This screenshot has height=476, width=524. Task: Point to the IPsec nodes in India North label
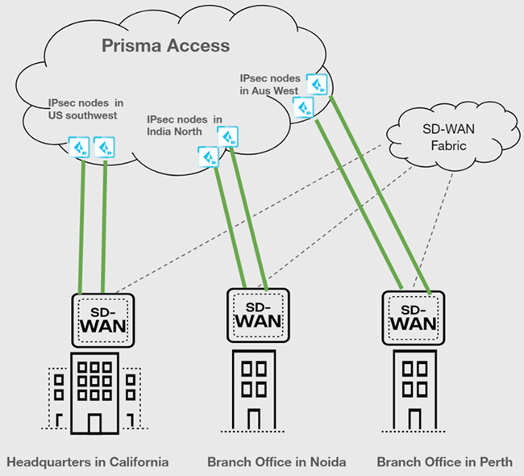pos(185,124)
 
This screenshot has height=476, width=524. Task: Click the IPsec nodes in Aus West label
pos(270,85)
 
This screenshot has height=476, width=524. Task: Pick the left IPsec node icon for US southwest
pos(80,148)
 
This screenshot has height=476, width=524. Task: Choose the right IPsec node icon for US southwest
pos(105,148)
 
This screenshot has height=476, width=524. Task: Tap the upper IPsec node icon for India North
pos(229,135)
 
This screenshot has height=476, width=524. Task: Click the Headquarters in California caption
pos(88,462)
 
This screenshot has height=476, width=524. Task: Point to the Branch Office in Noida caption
pos(277,462)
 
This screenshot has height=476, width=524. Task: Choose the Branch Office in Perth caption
pos(444,462)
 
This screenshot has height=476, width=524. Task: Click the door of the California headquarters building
pos(95,421)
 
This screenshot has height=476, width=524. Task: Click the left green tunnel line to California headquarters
pos(81,226)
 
